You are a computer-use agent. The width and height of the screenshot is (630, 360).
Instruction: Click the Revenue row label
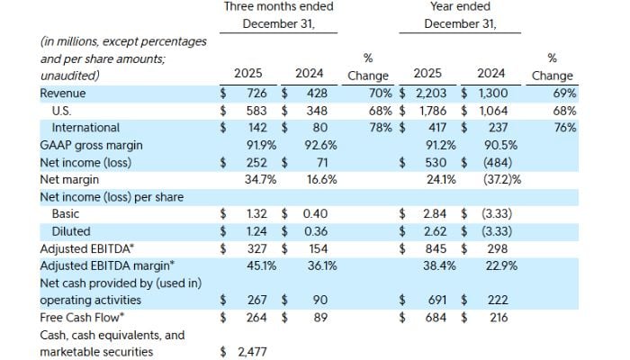click(62, 94)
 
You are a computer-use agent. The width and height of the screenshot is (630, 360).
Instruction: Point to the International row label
click(85, 128)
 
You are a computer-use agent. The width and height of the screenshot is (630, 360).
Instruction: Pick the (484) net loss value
click(495, 162)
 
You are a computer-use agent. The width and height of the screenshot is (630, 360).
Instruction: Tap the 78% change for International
click(376, 128)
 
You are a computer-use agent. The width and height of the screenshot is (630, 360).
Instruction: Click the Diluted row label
click(72, 230)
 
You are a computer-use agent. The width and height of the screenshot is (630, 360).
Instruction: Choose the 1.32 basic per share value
click(255, 213)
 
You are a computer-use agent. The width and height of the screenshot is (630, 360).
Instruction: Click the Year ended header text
click(461, 7)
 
